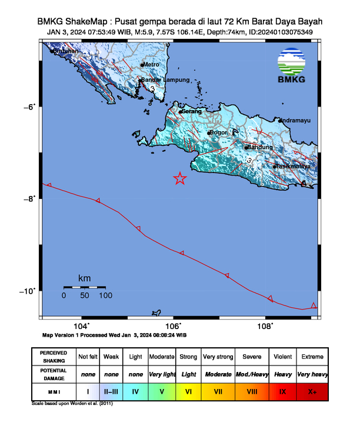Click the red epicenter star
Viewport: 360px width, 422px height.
coord(180,179)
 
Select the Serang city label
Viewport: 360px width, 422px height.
coord(192,111)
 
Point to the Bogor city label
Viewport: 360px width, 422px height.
coord(219,132)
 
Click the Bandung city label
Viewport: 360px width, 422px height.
coord(260,147)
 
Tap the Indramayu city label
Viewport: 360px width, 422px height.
coord(296,120)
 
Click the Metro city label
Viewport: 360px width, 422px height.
coord(152,65)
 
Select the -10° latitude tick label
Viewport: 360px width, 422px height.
coord(29,291)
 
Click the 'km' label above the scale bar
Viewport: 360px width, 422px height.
coord(85,278)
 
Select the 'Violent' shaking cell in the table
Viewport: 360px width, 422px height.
coord(283,357)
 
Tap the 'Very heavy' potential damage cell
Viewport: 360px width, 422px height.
coord(312,374)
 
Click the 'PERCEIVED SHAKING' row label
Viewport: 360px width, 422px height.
coord(54,357)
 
